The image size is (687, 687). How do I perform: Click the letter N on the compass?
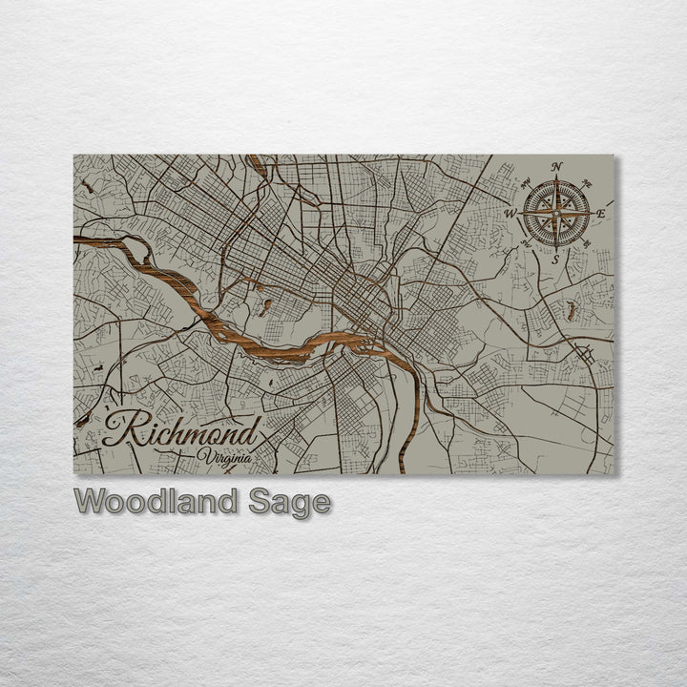pos(557,166)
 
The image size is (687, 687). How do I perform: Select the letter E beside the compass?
pos(601,213)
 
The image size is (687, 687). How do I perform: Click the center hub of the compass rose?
pos(556,213)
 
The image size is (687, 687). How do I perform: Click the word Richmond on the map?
pos(181,432)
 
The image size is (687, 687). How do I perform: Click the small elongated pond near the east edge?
pos(571,309)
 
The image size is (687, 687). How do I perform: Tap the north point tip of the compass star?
pos(556,178)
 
